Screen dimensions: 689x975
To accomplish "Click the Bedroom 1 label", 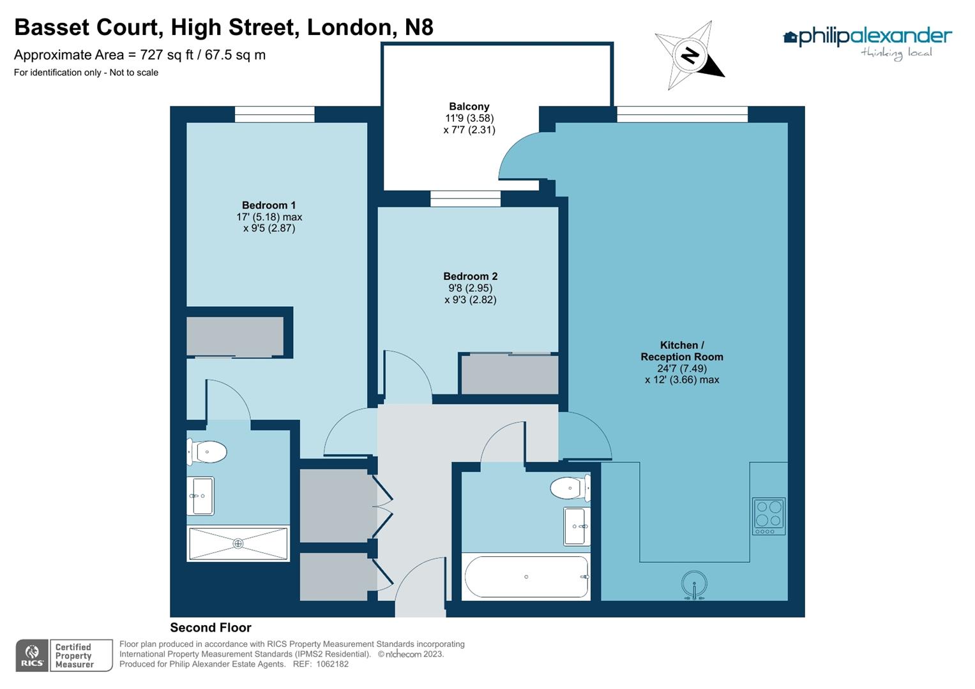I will point(269,205).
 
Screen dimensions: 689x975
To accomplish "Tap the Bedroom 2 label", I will point(470,276).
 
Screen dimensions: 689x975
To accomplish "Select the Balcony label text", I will point(469,107).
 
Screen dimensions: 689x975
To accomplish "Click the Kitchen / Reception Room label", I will point(681,351).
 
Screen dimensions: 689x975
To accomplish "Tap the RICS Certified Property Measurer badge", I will point(64,655).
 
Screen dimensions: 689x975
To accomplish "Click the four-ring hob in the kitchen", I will point(768,515).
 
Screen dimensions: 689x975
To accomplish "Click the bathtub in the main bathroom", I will point(526,577).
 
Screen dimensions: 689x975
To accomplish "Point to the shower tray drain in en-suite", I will point(238,544).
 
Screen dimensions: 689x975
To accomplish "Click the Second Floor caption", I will point(211,628).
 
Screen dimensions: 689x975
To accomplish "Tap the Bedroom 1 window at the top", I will point(275,114).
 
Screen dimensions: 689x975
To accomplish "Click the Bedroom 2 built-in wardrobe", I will point(510,374).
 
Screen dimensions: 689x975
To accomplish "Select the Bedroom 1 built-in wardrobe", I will point(235,336).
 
